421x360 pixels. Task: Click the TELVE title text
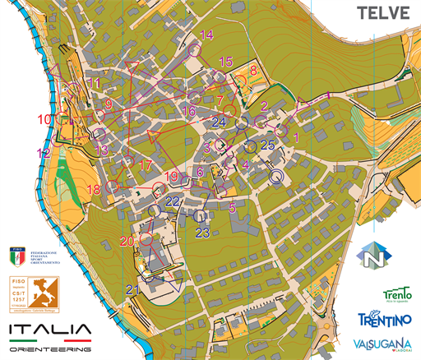(385, 13)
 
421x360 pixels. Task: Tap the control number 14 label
(206, 35)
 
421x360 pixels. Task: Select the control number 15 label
(227, 62)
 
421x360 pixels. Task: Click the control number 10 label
(44, 120)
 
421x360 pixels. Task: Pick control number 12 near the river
(44, 153)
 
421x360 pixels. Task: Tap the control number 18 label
(94, 189)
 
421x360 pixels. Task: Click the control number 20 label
(126, 241)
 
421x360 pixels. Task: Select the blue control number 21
(133, 288)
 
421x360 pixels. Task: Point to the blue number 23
(204, 233)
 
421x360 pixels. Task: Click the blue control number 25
(266, 145)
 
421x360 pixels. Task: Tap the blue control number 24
(218, 122)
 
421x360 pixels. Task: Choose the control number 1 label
(296, 138)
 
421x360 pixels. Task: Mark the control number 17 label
(145, 165)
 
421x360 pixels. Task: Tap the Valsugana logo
(382, 344)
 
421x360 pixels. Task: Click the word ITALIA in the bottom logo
(48, 331)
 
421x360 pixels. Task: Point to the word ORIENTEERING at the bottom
(49, 350)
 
